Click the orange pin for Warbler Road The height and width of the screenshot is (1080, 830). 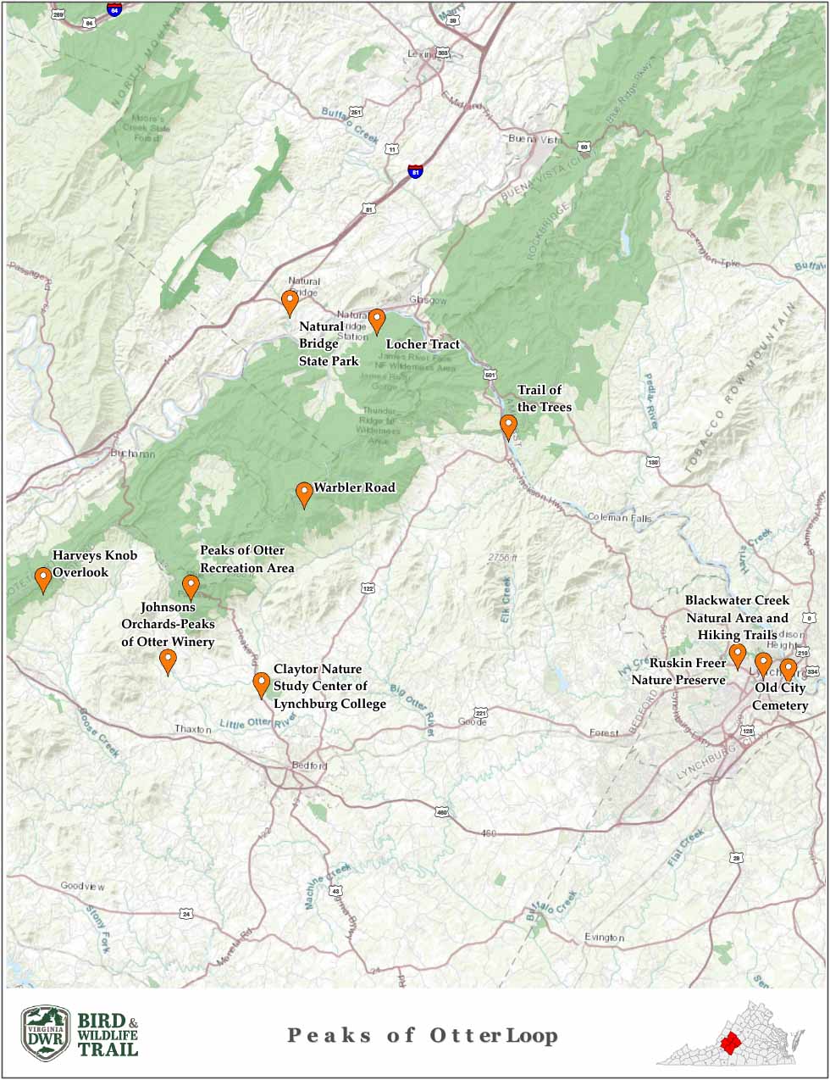pyautogui.click(x=303, y=493)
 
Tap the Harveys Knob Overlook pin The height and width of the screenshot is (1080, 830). pyautogui.click(x=42, y=578)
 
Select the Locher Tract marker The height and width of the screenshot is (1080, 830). pyautogui.click(x=377, y=320)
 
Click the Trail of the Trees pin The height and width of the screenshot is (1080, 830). pyautogui.click(x=507, y=426)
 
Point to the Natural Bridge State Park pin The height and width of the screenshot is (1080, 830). pyautogui.click(x=290, y=301)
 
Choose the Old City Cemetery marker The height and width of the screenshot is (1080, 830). pyautogui.click(x=788, y=669)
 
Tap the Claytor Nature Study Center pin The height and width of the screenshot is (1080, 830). pyautogui.click(x=261, y=683)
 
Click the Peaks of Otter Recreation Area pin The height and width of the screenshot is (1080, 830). pyautogui.click(x=191, y=586)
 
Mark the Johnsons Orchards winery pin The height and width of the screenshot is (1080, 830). pyautogui.click(x=168, y=660)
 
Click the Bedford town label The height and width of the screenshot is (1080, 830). pyautogui.click(x=309, y=765)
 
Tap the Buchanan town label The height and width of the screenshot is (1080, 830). pyautogui.click(x=133, y=454)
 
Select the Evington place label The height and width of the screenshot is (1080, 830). pyautogui.click(x=604, y=937)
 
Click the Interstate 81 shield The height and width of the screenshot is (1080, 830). pyautogui.click(x=415, y=171)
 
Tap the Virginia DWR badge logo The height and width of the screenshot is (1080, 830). pyautogui.click(x=46, y=1033)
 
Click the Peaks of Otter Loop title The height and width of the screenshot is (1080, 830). pyautogui.click(x=423, y=1035)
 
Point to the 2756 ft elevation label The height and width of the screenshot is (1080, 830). pyautogui.click(x=502, y=557)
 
